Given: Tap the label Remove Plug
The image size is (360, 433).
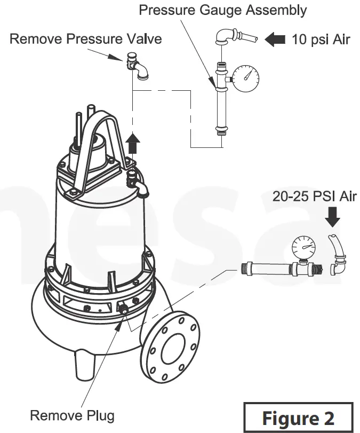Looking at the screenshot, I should [71, 415].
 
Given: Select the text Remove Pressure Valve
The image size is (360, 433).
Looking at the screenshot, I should [85, 39].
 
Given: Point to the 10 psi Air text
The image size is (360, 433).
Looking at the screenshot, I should [321, 40].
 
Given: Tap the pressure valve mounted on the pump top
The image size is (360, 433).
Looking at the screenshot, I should [136, 181].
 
